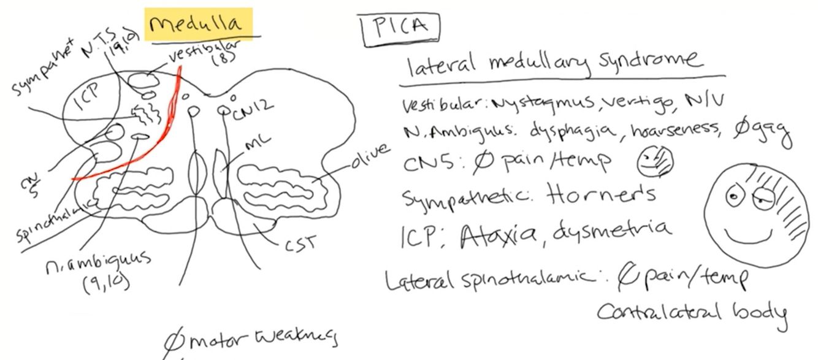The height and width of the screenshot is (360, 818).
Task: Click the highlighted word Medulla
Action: point(198,25)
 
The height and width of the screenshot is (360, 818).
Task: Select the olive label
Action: point(371,157)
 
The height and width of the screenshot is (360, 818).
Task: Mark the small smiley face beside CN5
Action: point(655,162)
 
